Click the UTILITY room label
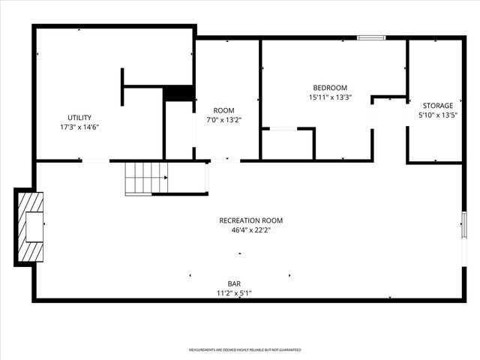79,117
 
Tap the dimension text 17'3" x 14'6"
79,127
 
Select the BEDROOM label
330,87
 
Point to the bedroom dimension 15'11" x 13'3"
330,97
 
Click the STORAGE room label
437,106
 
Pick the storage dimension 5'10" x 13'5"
437,115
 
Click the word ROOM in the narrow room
224,110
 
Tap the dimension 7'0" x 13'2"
224,120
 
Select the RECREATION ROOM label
250,220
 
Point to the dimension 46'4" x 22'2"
250,230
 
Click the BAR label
234,283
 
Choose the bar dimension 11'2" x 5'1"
234,293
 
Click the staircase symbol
146,178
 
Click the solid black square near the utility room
179,94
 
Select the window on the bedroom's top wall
371,37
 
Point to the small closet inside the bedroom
287,144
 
